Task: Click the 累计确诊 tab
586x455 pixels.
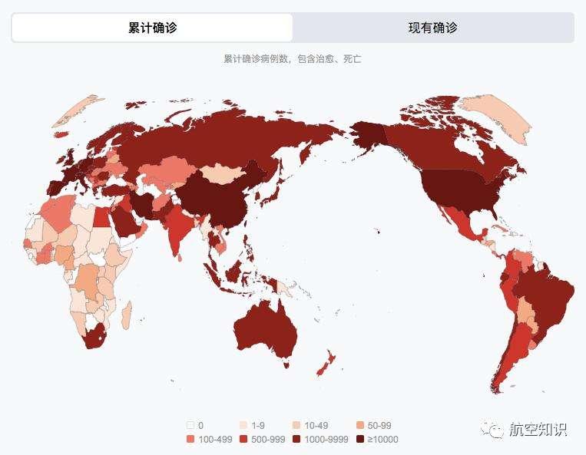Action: (152, 28)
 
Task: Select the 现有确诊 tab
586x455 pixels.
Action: (432, 28)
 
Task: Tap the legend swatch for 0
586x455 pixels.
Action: (190, 425)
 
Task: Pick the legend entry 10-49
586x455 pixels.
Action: (314, 425)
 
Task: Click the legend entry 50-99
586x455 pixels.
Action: (374, 425)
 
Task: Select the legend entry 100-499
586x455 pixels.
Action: (207, 440)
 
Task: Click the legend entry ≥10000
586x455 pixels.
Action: (377, 440)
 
